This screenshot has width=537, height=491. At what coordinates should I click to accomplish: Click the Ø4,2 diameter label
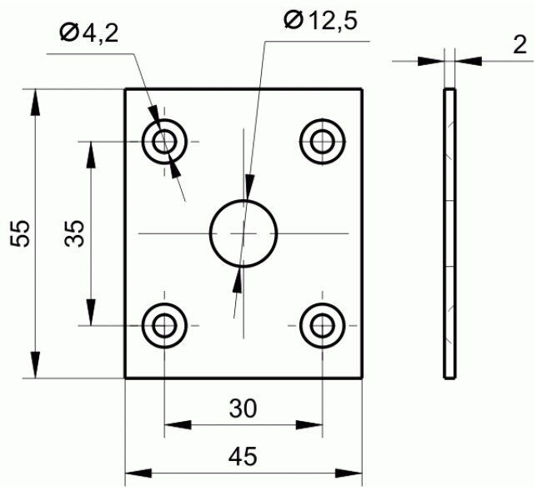89,33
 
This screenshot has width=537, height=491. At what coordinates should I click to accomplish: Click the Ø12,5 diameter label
320,20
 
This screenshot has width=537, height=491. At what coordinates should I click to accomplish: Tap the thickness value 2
519,45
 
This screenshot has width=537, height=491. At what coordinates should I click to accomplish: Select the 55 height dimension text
20,233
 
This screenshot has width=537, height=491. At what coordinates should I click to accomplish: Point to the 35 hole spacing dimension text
74,233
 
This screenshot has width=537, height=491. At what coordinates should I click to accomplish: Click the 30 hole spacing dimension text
243,408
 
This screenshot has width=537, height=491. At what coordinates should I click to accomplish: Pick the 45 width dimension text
243,456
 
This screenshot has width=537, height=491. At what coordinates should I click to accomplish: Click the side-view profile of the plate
449,233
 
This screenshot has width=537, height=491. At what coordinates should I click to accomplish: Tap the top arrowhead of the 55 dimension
35,103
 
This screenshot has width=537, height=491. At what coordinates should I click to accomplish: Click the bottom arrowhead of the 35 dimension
91,312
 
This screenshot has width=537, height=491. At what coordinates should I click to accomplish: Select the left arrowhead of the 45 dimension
138,473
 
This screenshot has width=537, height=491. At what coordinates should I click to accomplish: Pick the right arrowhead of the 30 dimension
309,425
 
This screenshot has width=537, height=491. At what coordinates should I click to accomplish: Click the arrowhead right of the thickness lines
469,62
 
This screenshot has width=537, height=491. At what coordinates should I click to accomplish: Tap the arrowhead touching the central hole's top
249,187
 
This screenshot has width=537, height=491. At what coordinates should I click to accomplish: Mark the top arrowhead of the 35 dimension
91,155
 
